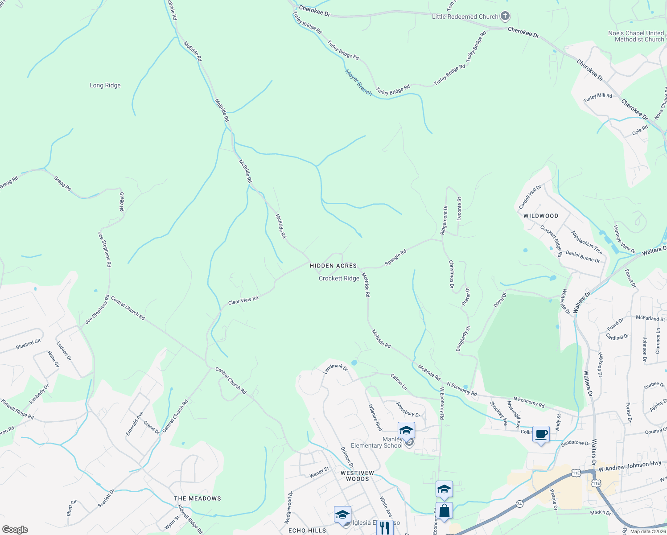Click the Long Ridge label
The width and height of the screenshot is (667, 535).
point(105,85)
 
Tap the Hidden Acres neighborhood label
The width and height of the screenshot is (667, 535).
point(333,266)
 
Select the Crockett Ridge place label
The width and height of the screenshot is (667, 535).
point(339,278)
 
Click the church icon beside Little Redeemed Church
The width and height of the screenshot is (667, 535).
point(505,16)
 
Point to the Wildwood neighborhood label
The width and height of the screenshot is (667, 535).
point(541,216)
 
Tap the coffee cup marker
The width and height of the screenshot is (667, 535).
point(541,434)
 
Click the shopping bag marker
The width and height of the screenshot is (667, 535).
point(445,510)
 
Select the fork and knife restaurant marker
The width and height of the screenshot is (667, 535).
point(385,527)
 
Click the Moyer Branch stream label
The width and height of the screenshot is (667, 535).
point(358,82)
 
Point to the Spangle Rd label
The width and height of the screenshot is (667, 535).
point(395,258)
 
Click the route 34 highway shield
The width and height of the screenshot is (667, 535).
point(519,504)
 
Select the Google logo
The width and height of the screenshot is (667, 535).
point(15,529)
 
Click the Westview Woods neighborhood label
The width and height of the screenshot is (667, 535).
point(358,476)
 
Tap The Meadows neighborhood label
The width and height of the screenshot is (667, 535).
point(198,498)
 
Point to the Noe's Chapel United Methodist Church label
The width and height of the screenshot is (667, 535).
point(636,36)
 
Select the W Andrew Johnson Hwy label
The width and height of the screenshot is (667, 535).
point(630,466)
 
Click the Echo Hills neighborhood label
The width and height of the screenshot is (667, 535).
point(307,531)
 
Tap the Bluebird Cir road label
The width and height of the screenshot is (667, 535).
point(28,344)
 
